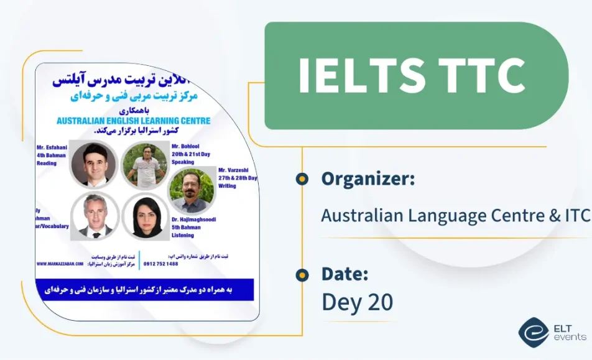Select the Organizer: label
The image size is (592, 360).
tap(368, 179)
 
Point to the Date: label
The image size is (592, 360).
tap(345, 274)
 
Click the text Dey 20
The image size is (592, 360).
tap(358, 302)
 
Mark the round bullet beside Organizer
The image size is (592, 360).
tap(302, 179)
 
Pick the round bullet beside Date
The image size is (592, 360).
tap(302, 274)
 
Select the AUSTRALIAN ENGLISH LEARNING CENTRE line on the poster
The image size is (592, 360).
tap(133, 121)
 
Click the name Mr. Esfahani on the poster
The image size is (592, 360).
tap(52, 148)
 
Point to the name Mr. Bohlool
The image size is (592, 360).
tap(187, 147)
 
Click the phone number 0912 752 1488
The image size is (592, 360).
tap(160, 264)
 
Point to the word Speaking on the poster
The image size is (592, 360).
tap(183, 164)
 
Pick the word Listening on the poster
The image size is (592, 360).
tap(182, 235)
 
